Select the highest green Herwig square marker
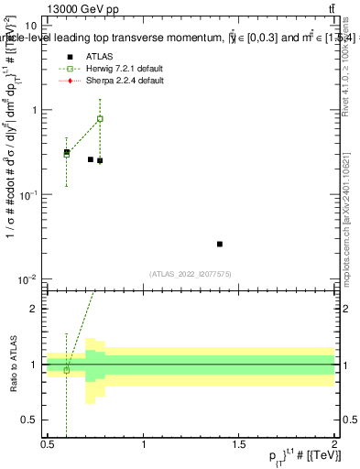100,119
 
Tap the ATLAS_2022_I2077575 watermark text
191,273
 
